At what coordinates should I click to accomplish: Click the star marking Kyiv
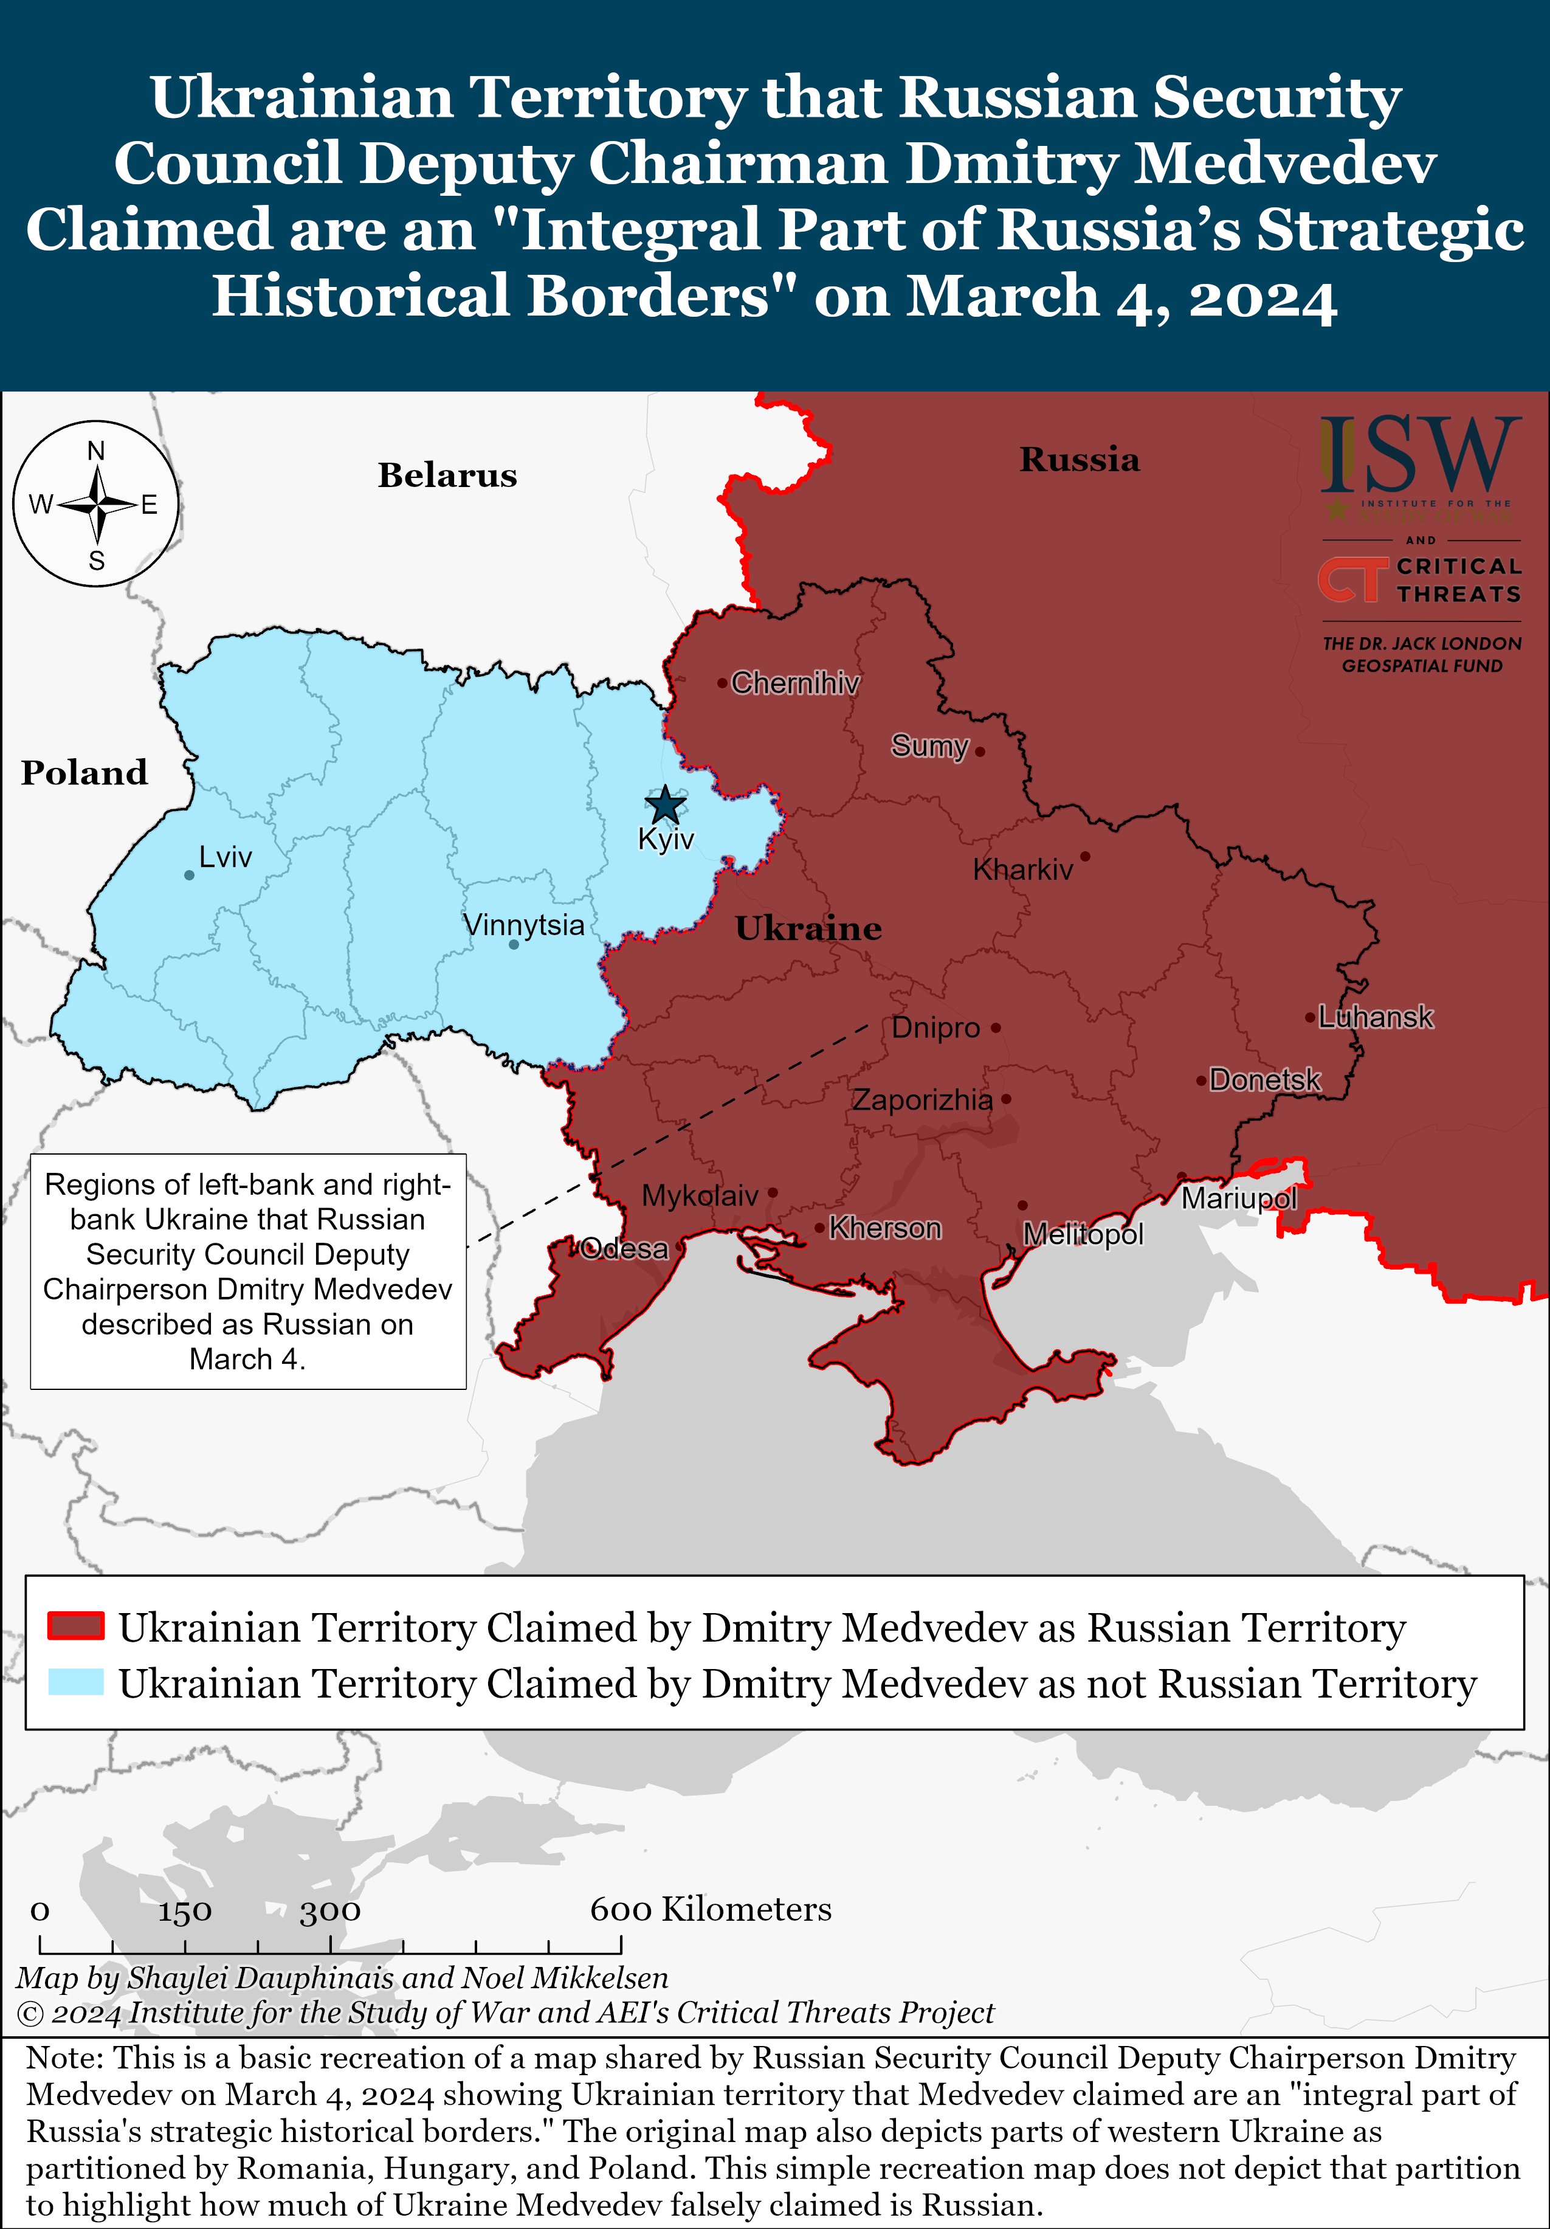[x=665, y=805]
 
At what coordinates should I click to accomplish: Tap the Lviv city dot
[x=189, y=876]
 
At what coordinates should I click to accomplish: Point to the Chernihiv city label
[x=795, y=683]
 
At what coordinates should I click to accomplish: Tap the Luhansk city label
[x=1376, y=1017]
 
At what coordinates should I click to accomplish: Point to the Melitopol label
[x=1083, y=1235]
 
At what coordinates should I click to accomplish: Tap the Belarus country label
[x=447, y=475]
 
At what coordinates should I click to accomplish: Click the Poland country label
[x=84, y=773]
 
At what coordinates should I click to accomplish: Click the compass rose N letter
[x=96, y=451]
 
